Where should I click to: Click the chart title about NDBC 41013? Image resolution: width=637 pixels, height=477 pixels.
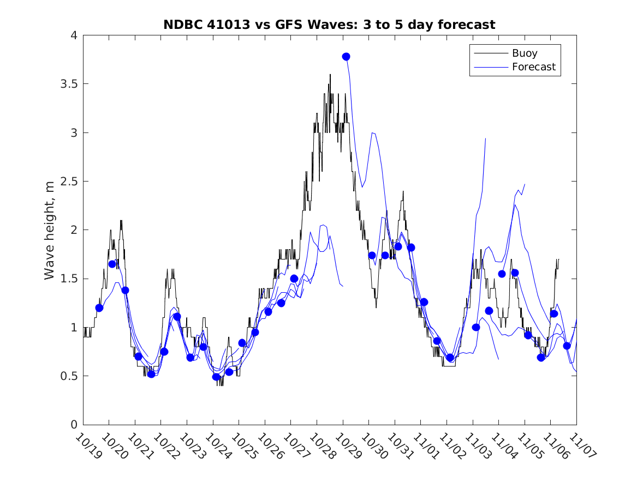click(329, 25)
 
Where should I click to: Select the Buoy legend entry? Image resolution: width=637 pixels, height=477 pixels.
click(524, 53)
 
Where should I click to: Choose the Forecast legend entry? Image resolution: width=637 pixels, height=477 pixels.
click(533, 67)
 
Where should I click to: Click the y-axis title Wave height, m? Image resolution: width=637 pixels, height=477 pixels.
click(50, 230)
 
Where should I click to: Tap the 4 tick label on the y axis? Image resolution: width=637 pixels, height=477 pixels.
click(73, 35)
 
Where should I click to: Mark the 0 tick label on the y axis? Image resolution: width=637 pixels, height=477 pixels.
click(73, 425)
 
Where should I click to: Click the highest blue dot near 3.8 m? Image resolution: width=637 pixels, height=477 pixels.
click(346, 57)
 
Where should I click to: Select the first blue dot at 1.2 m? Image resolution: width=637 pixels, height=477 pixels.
click(99, 308)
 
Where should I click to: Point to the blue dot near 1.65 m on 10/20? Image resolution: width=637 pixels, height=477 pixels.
click(112, 264)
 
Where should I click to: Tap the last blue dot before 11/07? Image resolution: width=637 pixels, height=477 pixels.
click(567, 346)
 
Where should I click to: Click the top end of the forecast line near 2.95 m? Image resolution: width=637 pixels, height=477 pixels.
click(485, 138)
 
